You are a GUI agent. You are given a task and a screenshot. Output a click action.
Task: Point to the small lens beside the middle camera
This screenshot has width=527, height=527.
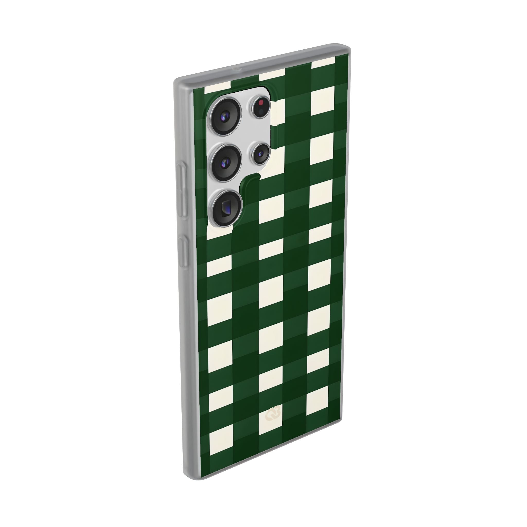(x=260, y=154)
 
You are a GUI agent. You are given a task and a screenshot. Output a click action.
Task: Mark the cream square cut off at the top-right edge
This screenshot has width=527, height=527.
(x=323, y=63)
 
